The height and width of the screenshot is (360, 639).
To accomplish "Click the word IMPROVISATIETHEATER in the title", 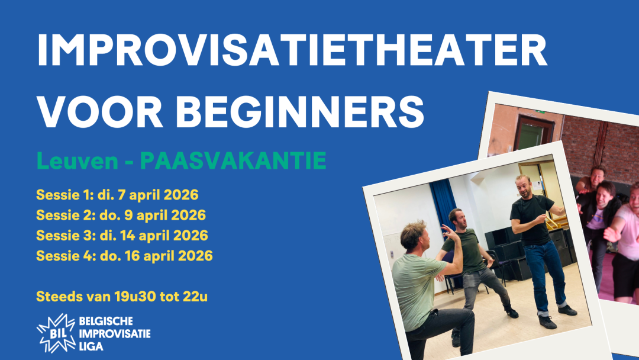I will (292, 51).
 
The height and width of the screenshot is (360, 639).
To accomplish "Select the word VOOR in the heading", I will (102, 110).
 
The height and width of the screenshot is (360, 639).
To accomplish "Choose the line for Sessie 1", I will (117, 194).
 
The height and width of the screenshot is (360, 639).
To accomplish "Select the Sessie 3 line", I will (122, 235).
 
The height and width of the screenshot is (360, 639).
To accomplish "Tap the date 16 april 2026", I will (169, 256).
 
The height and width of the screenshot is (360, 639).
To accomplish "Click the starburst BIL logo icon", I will (55, 332).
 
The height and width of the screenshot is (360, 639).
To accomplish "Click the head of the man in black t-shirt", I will (523, 184).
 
